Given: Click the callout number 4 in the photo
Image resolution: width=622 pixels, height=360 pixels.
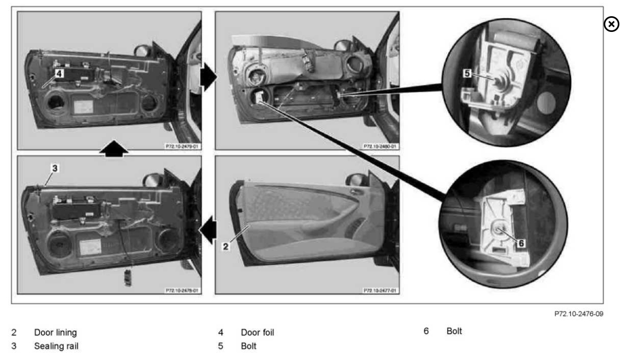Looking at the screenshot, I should (59, 74).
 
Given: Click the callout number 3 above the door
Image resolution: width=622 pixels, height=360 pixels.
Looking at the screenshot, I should (54, 168).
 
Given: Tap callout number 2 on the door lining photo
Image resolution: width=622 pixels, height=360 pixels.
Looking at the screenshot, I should (225, 245).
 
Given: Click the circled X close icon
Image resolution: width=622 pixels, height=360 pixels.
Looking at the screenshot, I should (610, 24).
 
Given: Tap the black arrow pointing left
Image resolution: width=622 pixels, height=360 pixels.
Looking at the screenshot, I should (208, 231).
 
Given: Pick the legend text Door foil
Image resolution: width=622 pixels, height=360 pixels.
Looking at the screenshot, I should (257, 332).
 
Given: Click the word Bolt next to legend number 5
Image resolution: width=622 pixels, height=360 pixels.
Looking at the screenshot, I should (250, 346).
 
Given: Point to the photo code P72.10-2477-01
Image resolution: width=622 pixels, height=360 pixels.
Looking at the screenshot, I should (380, 289).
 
